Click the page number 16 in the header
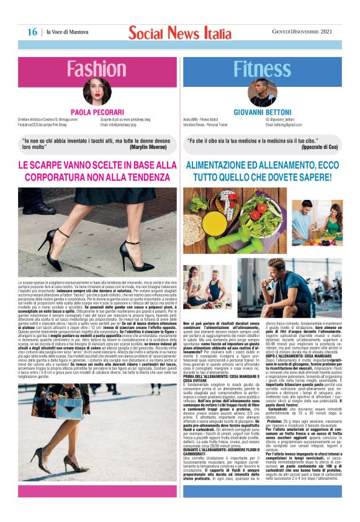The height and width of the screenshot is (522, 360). (32, 31)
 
